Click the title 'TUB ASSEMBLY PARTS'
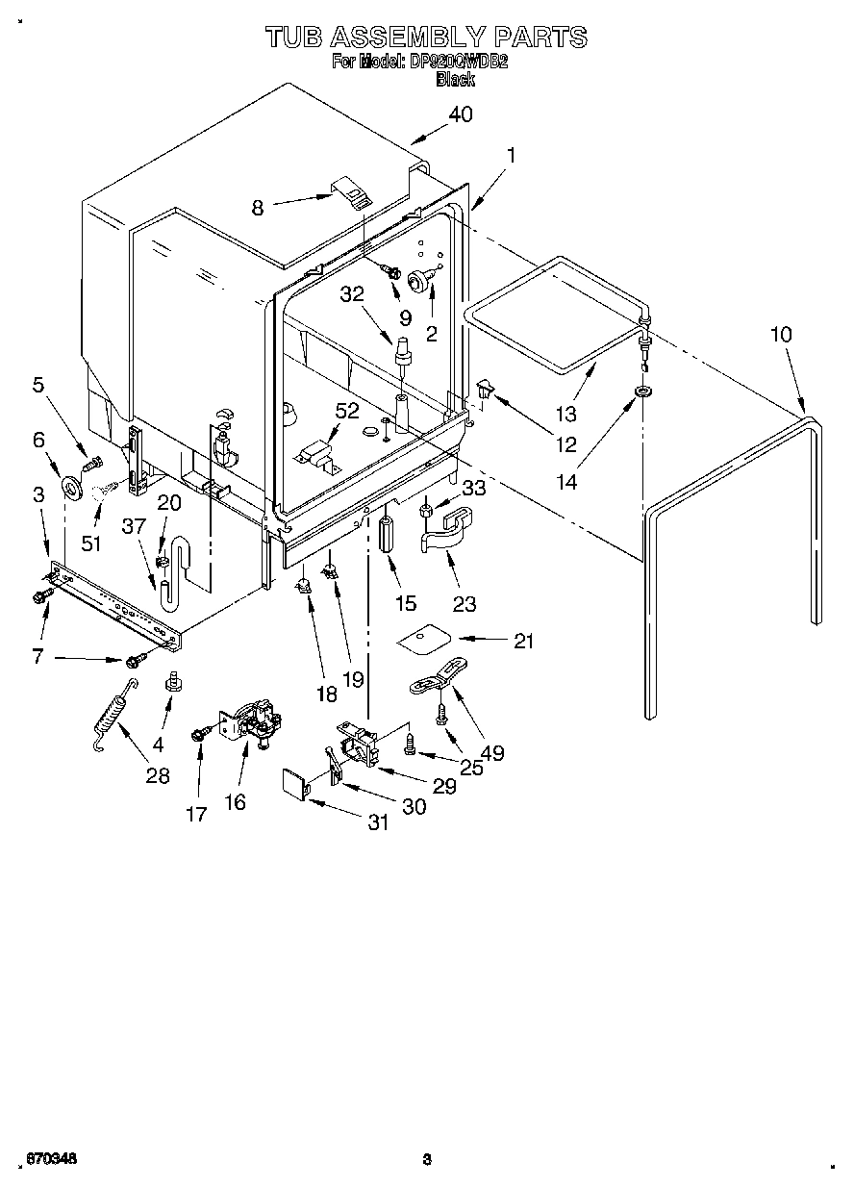tap(425, 38)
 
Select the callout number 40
tap(461, 114)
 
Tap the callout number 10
tap(781, 335)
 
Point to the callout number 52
tap(346, 411)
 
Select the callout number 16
tap(235, 801)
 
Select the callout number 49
tap(491, 753)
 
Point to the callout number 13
tap(565, 414)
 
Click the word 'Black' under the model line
tap(455, 80)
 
